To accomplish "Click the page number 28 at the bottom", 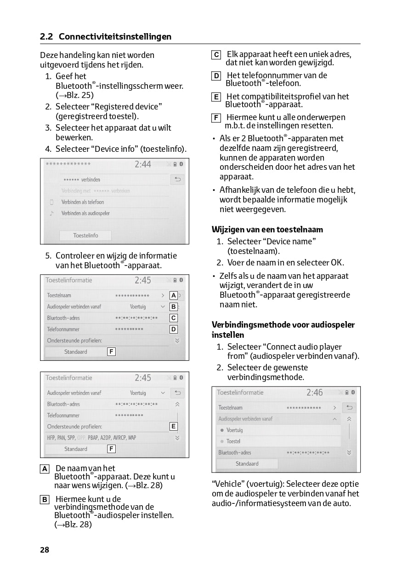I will [x=45, y=549].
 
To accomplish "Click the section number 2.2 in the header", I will [x=47, y=37].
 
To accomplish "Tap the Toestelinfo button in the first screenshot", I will [x=85, y=235].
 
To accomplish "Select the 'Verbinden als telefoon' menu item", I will [x=83, y=202].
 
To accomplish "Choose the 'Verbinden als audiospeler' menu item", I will [x=85, y=213].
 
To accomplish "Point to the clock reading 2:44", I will [x=142, y=164].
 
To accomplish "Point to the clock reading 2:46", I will [x=315, y=392].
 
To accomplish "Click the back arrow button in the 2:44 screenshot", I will [x=177, y=179].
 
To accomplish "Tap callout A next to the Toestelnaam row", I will [x=173, y=295].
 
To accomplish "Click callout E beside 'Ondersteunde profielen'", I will [x=173, y=427].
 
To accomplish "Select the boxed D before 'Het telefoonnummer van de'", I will [x=216, y=76].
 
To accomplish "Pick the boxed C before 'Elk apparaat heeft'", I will [x=216, y=55].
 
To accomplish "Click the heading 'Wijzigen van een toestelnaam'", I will [x=267, y=229].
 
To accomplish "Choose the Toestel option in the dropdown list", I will [x=233, y=441].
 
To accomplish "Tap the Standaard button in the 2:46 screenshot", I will [x=247, y=464].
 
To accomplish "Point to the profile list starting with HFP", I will [x=91, y=438].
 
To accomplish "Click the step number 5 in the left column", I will [x=48, y=255].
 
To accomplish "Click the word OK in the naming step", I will [x=337, y=263].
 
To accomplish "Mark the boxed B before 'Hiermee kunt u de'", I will [x=45, y=500].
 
